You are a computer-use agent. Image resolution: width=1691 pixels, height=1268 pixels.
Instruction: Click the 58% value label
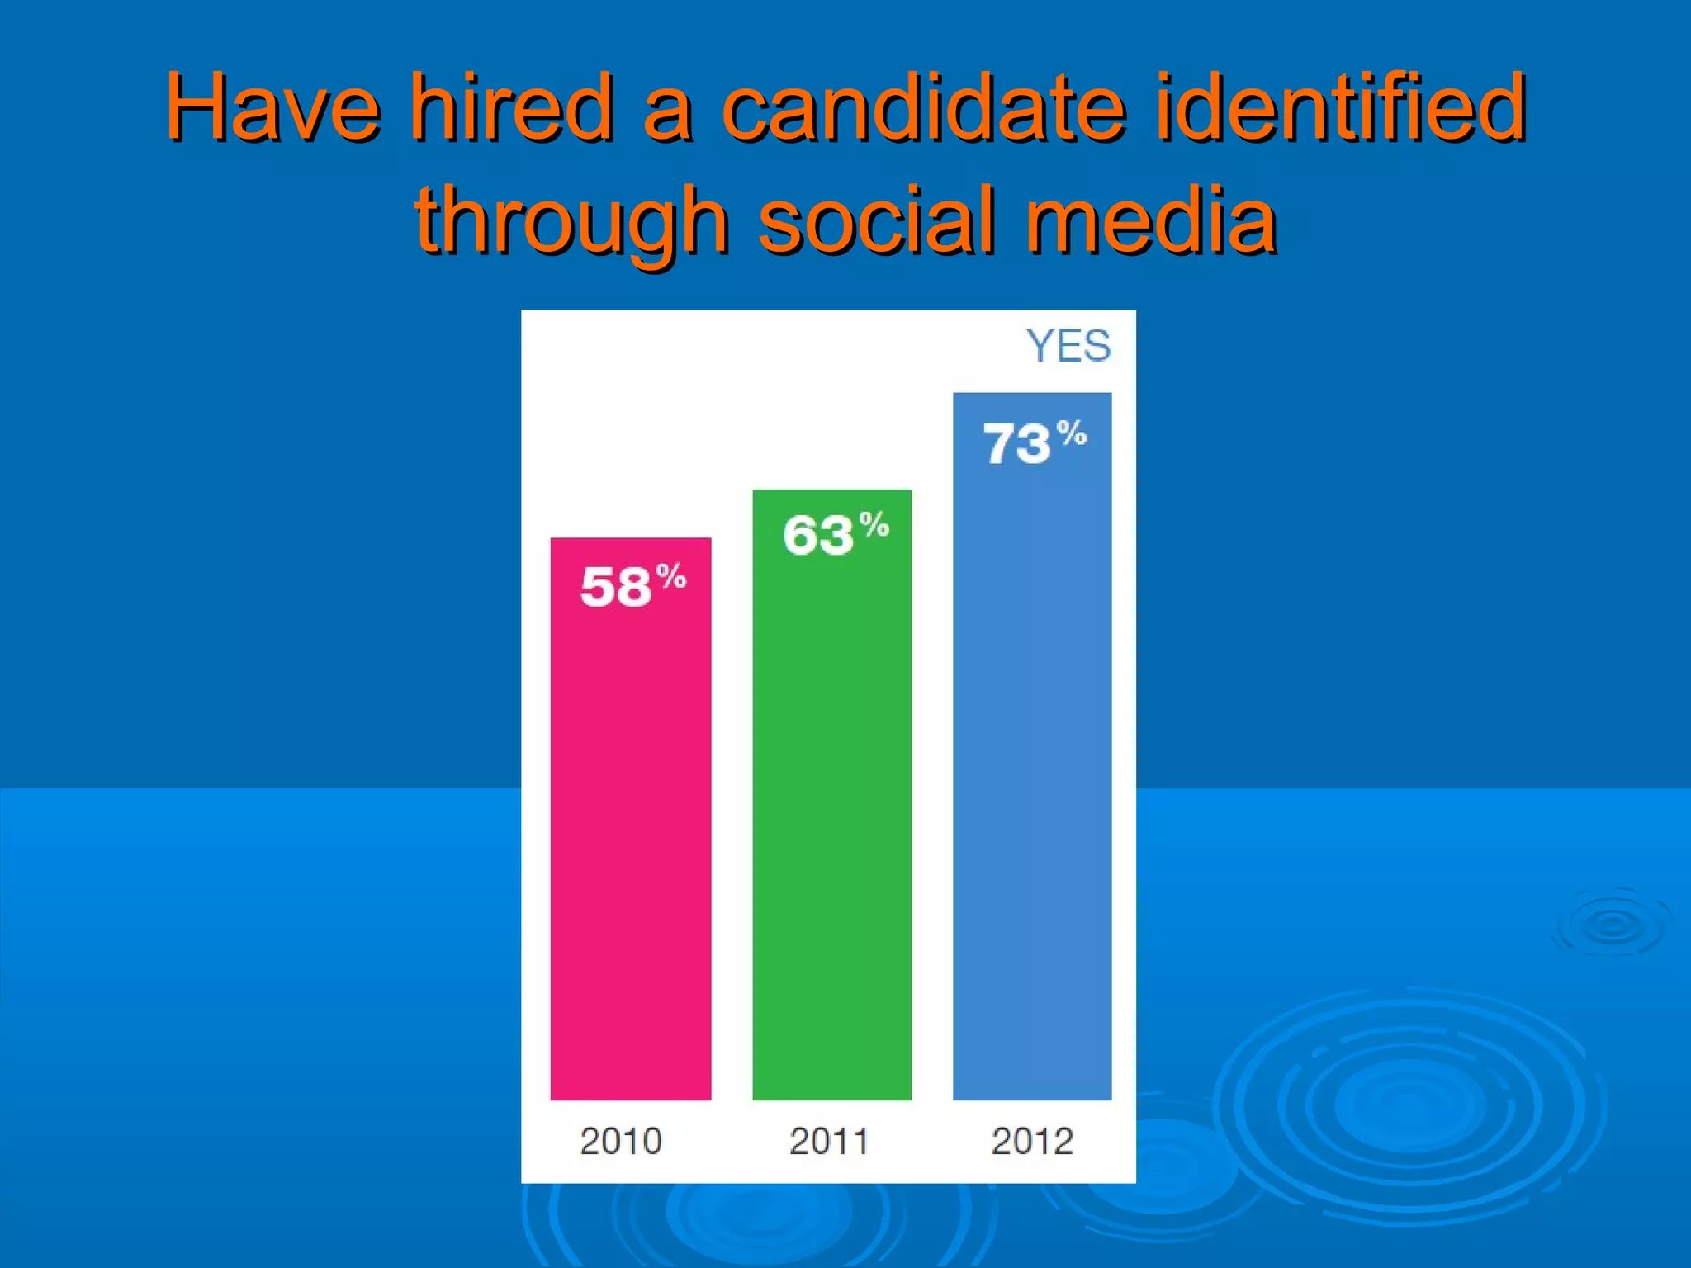pyautogui.click(x=632, y=586)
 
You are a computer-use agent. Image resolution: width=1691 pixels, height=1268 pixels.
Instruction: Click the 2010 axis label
pyautogui.click(x=621, y=1142)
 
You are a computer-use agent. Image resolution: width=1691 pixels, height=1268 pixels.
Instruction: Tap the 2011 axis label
pyautogui.click(x=829, y=1142)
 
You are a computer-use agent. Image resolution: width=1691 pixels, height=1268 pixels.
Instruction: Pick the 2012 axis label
pyautogui.click(x=1032, y=1142)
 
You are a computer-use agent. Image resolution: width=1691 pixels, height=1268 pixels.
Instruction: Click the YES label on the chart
pyautogui.click(x=1068, y=346)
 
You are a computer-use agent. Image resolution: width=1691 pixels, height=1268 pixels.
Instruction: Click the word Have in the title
pyautogui.click(x=272, y=107)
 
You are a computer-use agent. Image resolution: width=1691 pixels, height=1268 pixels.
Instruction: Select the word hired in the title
pyautogui.click(x=512, y=107)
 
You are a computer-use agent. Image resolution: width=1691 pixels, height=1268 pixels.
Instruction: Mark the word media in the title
pyautogui.click(x=1151, y=220)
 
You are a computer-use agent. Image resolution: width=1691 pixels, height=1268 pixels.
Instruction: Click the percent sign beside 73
pyautogui.click(x=1072, y=433)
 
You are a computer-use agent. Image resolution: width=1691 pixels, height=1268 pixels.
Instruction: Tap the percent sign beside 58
pyautogui.click(x=671, y=575)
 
